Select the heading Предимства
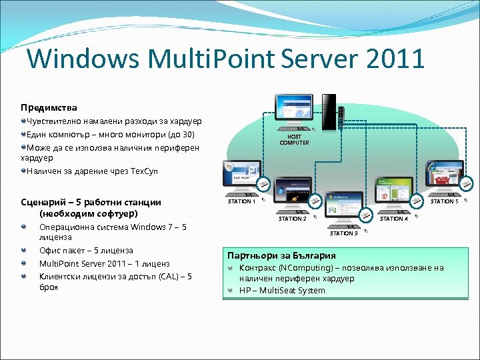49,107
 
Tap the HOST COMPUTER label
294,139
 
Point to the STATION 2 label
292,219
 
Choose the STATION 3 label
343,233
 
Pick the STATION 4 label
393,219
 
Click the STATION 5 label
444,201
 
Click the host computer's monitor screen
299,109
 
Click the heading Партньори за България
281,255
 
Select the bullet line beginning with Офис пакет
86,251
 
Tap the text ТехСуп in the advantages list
143,171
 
